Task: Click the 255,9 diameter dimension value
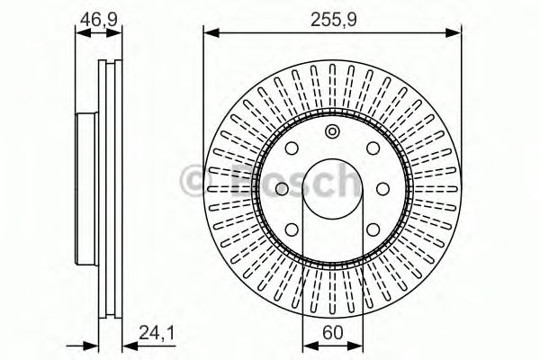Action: click(333, 18)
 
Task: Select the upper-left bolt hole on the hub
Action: click(292, 150)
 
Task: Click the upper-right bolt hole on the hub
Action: click(373, 150)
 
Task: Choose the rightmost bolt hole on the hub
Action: click(384, 188)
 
